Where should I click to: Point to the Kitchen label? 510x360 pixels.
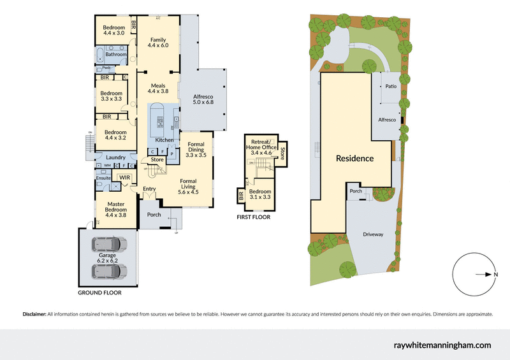coord(164,140)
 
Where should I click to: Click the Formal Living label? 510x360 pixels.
coord(188,185)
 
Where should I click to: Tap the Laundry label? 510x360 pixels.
coord(115,157)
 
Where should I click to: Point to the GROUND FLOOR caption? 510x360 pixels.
coord(99,293)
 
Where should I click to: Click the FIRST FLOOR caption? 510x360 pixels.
coord(253,217)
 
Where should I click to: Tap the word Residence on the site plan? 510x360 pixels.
coord(354,158)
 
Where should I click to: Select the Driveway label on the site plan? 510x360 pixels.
coord(373,234)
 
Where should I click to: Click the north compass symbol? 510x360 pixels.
coord(475,275)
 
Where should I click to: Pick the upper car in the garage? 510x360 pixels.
coord(108,244)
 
